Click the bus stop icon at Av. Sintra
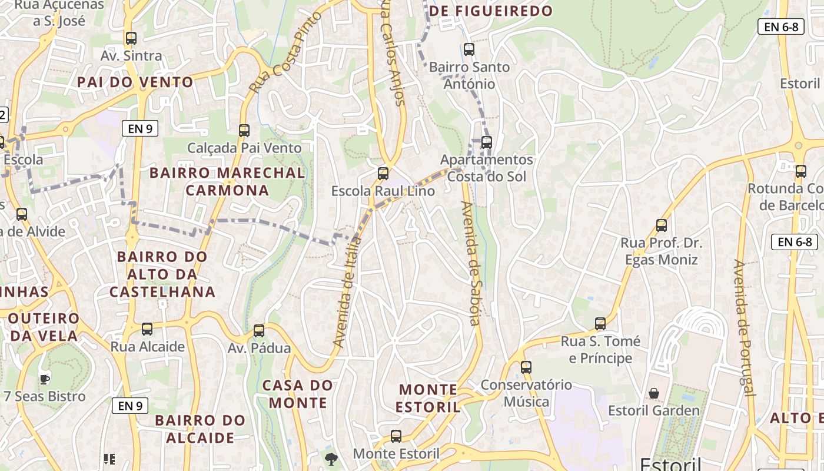pyautogui.click(x=131, y=38)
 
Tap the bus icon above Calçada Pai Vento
pyautogui.click(x=244, y=131)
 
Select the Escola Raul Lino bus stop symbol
pyautogui.click(x=383, y=174)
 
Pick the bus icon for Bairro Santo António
pyautogui.click(x=469, y=49)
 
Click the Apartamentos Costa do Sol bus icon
pyautogui.click(x=486, y=142)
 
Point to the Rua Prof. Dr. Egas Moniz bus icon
pyautogui.click(x=662, y=225)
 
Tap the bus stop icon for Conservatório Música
pyautogui.click(x=526, y=367)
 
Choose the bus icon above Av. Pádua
pyautogui.click(x=259, y=331)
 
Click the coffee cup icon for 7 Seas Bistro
pyautogui.click(x=45, y=379)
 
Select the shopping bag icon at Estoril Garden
pyautogui.click(x=654, y=393)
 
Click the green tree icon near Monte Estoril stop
pyautogui.click(x=331, y=459)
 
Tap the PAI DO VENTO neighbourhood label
pyautogui.click(x=135, y=82)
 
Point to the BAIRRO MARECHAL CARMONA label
pyautogui.click(x=227, y=181)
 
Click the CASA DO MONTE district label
pyautogui.click(x=298, y=394)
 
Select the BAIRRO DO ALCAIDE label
pyautogui.click(x=200, y=429)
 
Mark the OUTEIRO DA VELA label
pyautogui.click(x=44, y=327)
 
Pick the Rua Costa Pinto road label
pyautogui.click(x=285, y=52)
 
